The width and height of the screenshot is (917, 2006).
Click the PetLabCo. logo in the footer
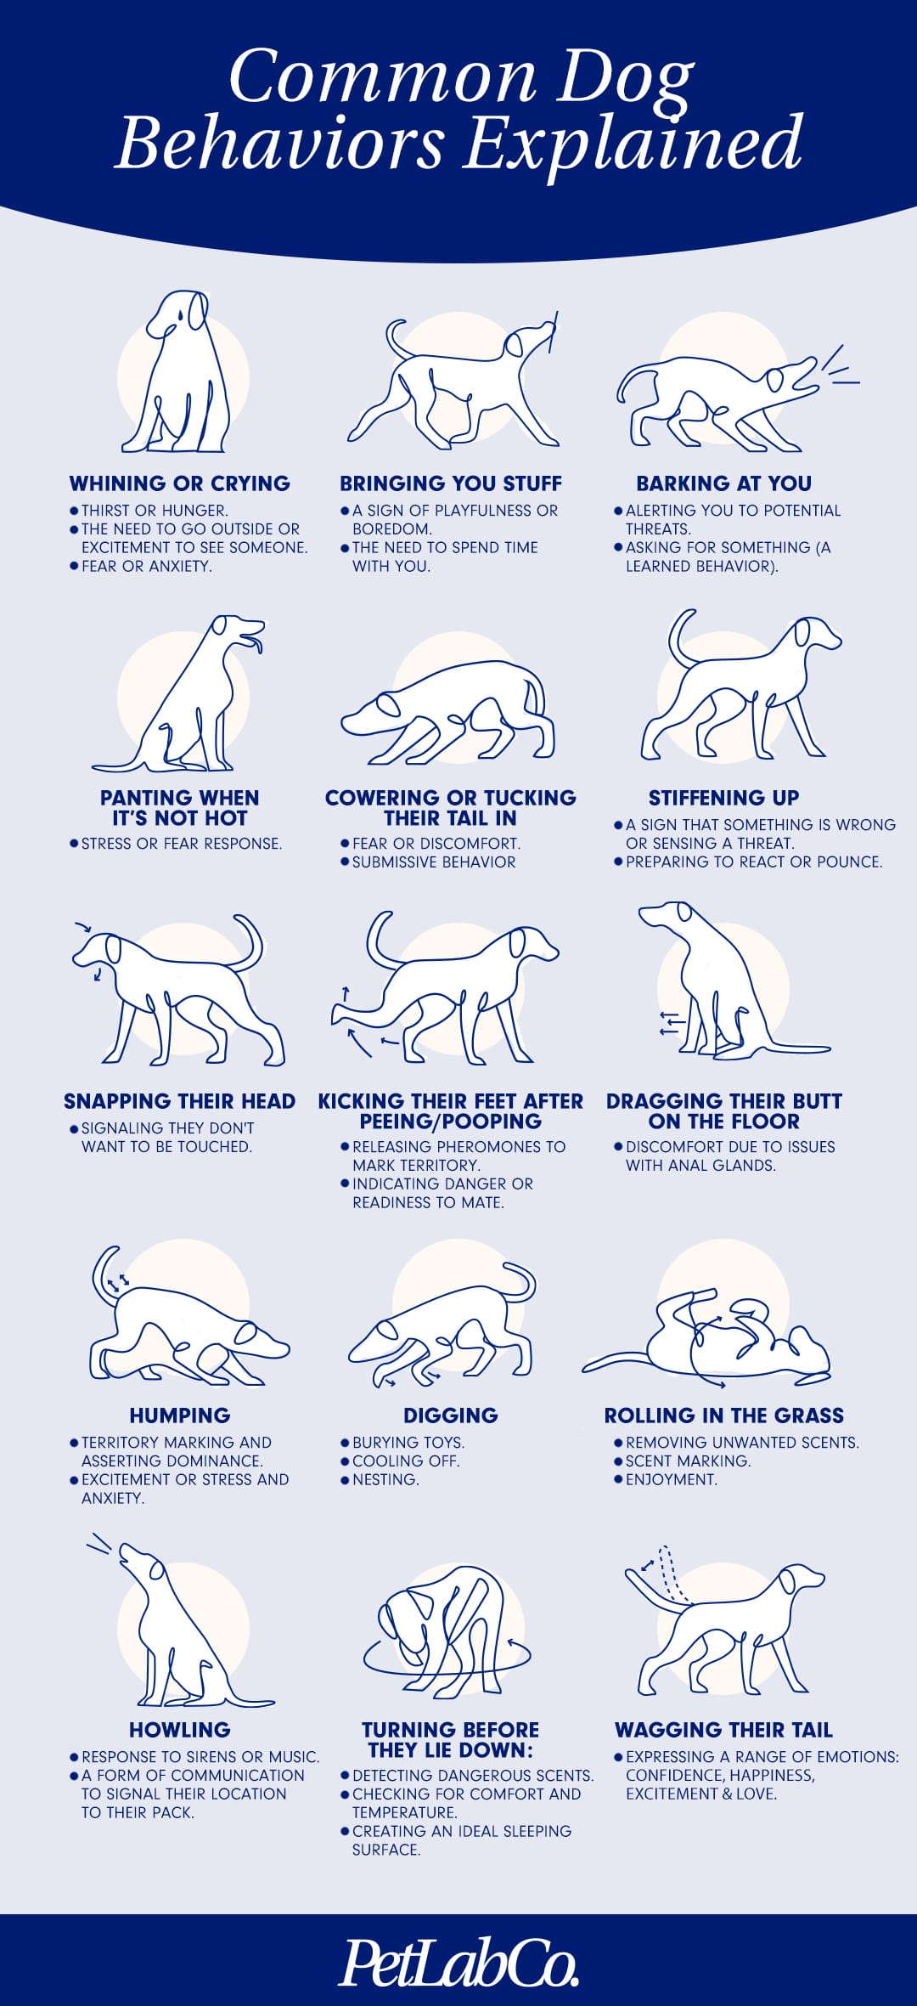pyautogui.click(x=458, y=1961)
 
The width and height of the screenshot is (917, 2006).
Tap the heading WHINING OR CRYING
pyautogui.click(x=180, y=483)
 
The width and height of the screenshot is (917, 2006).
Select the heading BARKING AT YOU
pyautogui.click(x=724, y=483)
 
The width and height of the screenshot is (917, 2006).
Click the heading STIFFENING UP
pyautogui.click(x=724, y=798)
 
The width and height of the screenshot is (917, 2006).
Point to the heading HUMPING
pyautogui.click(x=180, y=1416)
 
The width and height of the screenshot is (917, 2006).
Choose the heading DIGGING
pyautogui.click(x=451, y=1416)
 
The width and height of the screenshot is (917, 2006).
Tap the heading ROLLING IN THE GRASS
pyautogui.click(x=724, y=1416)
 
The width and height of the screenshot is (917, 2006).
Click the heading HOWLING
pyautogui.click(x=180, y=1730)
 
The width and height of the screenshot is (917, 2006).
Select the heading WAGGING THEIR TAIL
pyautogui.click(x=724, y=1730)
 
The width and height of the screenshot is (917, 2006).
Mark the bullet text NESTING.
pyautogui.click(x=385, y=1480)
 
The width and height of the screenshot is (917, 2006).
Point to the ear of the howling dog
pyautogui.click(x=157, y=1568)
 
